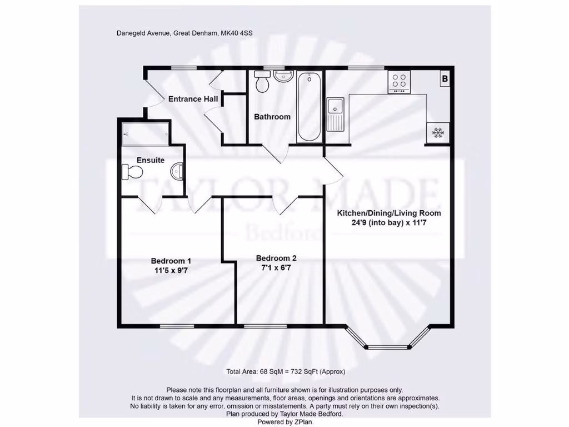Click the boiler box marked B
(445, 80)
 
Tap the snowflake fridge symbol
(438, 132)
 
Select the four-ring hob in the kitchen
(399, 82)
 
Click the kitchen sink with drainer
(336, 113)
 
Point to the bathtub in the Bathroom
(309, 107)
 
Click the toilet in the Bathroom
(262, 83)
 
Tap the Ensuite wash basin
(178, 171)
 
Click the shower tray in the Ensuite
(146, 134)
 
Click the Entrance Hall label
(193, 99)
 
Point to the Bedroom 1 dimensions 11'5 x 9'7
(171, 271)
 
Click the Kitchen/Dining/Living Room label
(389, 213)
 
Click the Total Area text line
(286, 371)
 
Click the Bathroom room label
(272, 117)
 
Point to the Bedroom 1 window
(177, 325)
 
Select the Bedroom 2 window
(265, 325)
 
